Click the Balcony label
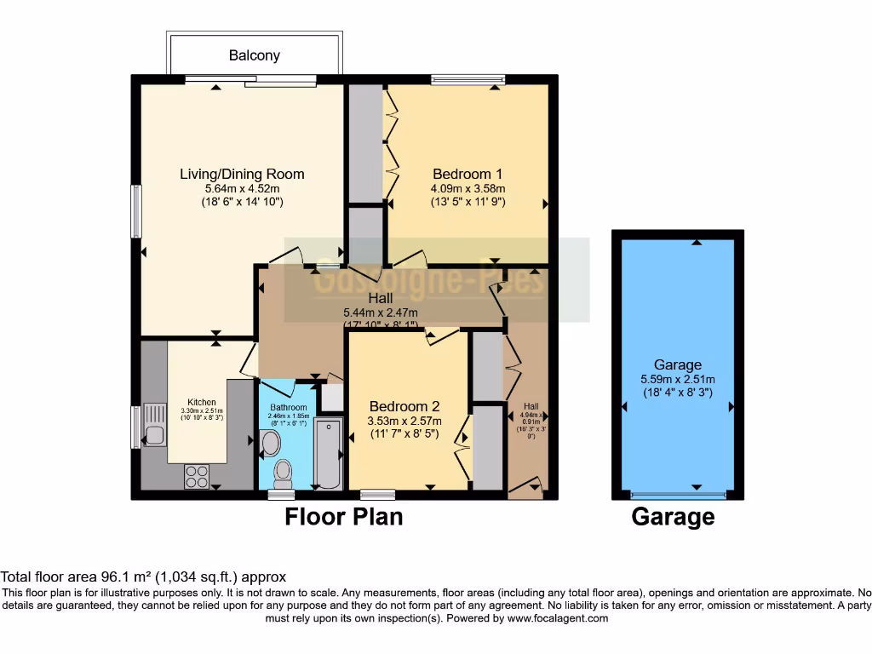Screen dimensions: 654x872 pos(254,55)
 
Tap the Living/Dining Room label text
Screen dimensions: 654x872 pos(242,174)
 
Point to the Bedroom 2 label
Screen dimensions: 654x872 pos(404,405)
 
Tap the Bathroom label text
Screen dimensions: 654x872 pos(288,407)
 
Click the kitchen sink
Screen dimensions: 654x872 pos(154,426)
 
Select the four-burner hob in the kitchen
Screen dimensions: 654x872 pos(196,475)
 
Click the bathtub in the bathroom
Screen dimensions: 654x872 pos(327,453)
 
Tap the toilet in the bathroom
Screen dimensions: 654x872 pos(283,470)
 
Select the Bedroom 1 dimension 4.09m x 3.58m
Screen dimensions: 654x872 pos(468,189)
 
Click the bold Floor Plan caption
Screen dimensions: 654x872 pos(343,516)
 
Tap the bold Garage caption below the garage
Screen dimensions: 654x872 pos(673,516)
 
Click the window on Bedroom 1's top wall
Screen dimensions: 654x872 pos(468,81)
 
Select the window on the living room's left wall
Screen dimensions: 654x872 pos(135,211)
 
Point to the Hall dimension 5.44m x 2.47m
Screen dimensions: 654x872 pos(381,313)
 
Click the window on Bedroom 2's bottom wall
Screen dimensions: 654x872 pos(377,494)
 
